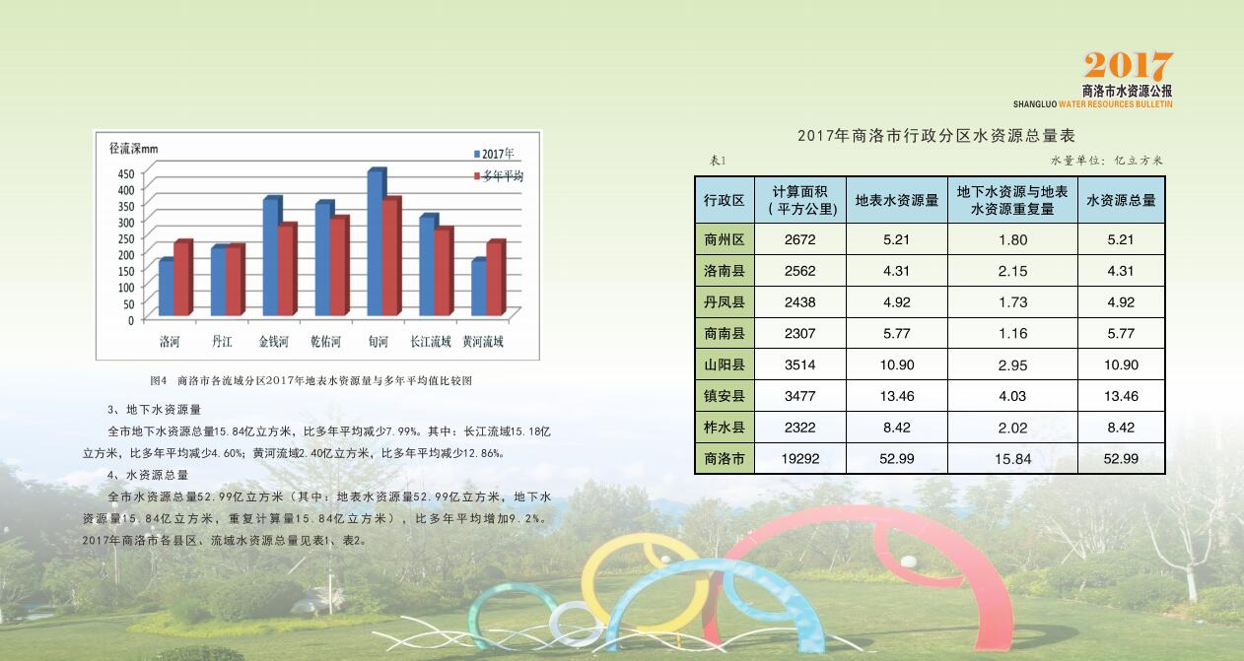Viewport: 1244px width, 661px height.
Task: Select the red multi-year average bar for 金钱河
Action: click(287, 269)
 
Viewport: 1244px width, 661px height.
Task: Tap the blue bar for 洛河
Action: click(166, 287)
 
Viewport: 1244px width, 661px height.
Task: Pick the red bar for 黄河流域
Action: click(496, 278)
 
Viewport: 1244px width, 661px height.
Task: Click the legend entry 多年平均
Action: click(498, 176)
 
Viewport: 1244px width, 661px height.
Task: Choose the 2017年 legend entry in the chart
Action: click(494, 154)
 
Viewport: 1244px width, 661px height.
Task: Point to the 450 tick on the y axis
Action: click(126, 173)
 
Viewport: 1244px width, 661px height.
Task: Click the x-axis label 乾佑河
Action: click(325, 341)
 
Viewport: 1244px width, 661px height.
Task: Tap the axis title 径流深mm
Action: click(133, 149)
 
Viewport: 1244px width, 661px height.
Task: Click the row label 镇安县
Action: click(725, 396)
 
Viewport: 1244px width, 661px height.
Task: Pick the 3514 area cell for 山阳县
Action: click(799, 364)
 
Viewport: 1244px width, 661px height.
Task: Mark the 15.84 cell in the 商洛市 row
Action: click(1012, 459)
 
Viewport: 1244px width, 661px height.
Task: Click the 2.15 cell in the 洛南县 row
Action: click(1012, 271)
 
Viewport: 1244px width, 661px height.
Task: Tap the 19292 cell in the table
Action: click(799, 458)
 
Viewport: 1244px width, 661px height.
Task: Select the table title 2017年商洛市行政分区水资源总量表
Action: click(936, 135)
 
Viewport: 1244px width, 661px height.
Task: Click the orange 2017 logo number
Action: click(1128, 66)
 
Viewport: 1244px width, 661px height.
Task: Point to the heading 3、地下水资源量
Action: click(154, 410)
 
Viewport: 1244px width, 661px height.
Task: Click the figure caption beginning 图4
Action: click(311, 380)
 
